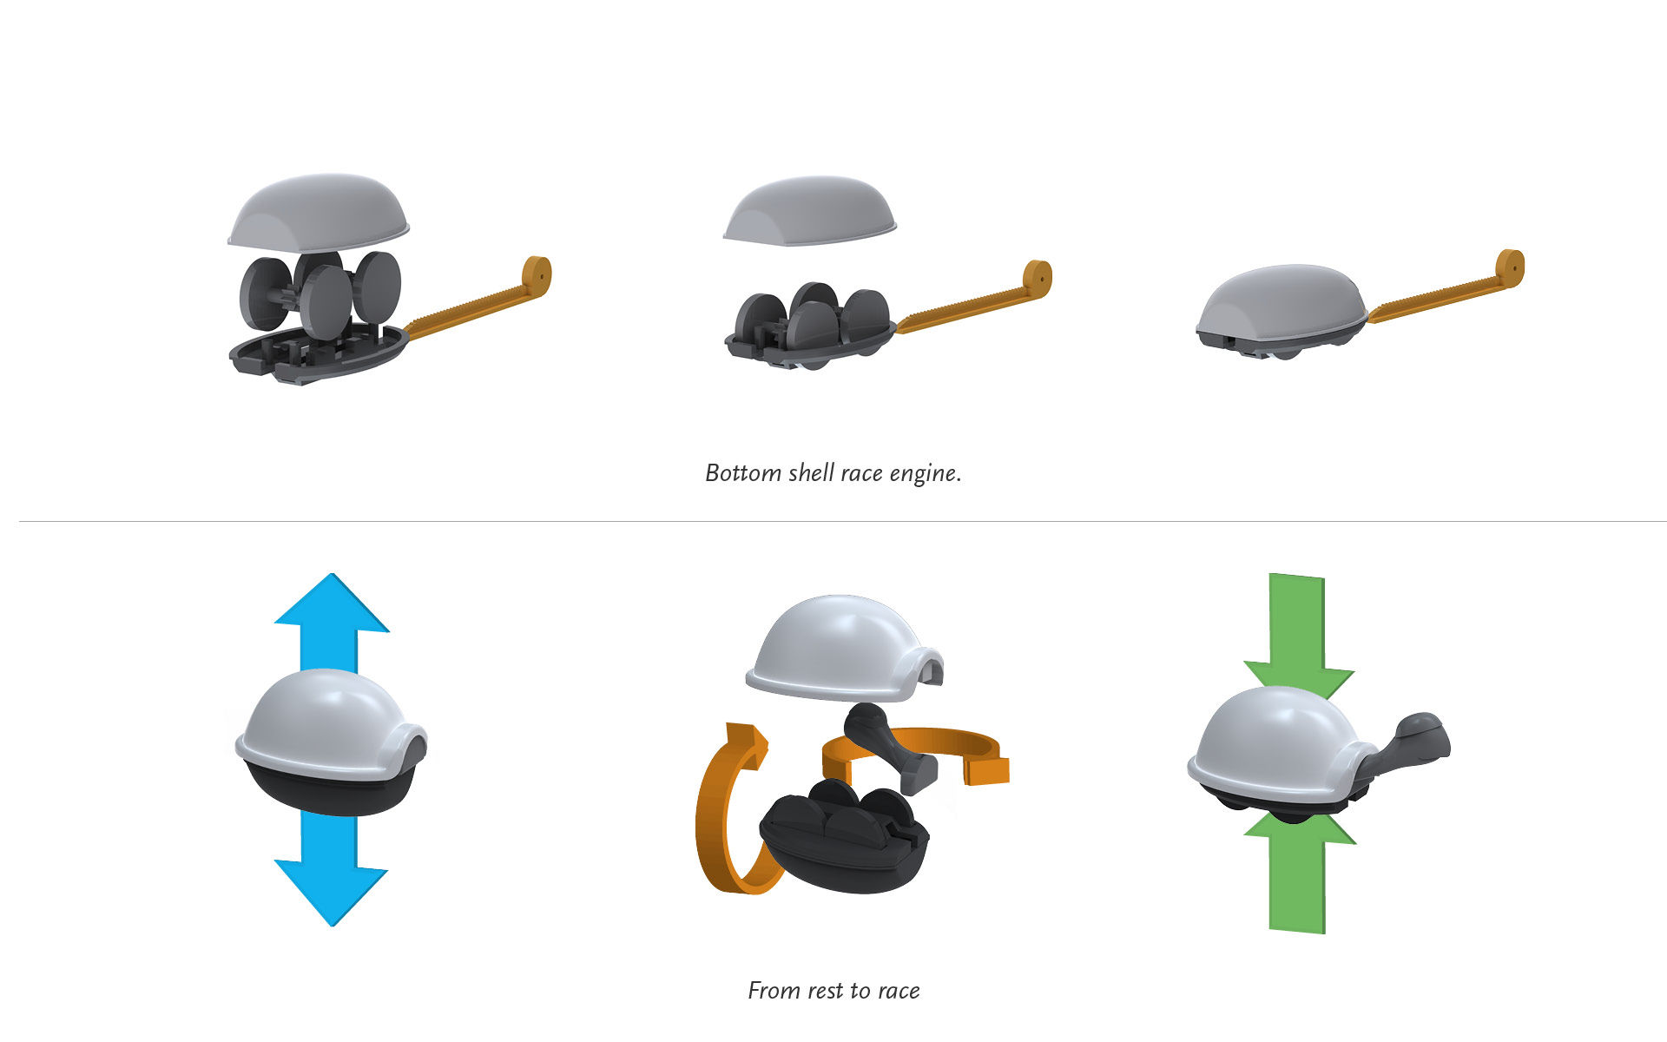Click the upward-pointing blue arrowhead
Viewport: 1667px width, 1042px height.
pos(332,603)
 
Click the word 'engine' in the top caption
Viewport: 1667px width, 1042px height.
pos(926,474)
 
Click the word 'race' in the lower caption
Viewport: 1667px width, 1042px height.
pos(898,992)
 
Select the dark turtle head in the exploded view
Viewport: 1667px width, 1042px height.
pos(890,747)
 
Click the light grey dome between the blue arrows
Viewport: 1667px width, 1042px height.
pos(330,721)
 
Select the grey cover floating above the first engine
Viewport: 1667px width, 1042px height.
pos(319,213)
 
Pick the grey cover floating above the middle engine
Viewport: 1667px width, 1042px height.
pos(809,211)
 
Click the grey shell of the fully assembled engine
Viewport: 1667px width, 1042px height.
pos(1281,304)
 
